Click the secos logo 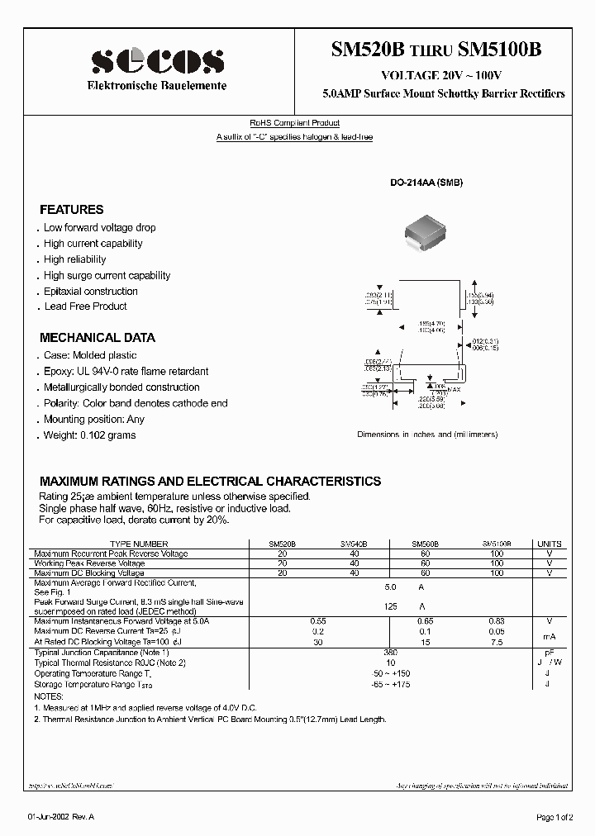point(156,62)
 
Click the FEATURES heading point(72,210)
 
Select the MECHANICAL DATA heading point(98,338)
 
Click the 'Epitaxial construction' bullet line point(91,292)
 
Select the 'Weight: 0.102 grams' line point(89,435)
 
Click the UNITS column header point(550,544)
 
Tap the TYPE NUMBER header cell point(139,544)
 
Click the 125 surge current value point(392,606)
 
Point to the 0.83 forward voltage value point(497,620)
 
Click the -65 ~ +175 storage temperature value point(392,685)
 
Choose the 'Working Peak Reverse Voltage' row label point(89,563)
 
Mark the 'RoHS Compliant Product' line point(295,123)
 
